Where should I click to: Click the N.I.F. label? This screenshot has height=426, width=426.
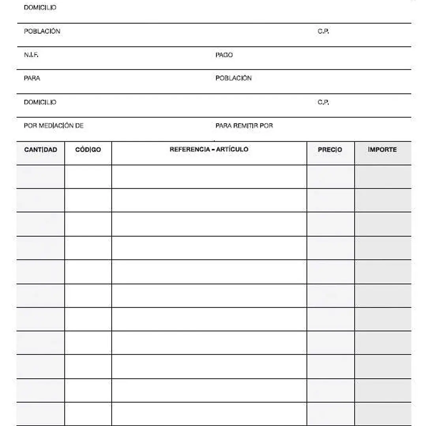31,55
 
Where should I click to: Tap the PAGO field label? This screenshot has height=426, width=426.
224,55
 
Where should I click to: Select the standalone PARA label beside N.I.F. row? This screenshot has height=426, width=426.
32,78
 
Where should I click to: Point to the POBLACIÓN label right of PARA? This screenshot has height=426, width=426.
233,78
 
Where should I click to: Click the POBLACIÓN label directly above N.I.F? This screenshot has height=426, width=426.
42,32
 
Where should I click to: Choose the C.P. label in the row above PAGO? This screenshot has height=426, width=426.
323,32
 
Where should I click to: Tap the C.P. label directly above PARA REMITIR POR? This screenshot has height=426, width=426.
323,102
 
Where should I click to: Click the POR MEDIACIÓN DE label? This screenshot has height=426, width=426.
54,126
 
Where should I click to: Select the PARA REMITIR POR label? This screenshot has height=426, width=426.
244,126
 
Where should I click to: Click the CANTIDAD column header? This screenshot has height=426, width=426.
41,150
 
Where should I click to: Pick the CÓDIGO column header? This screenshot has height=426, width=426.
88,150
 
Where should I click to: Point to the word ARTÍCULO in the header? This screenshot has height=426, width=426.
232,149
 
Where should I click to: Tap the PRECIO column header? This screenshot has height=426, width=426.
330,150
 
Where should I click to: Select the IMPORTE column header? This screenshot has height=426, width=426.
382,150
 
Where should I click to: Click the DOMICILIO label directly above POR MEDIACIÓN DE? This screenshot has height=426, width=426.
40,102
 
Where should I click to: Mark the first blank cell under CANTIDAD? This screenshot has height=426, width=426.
41,176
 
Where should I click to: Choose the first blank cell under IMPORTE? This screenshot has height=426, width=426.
383,176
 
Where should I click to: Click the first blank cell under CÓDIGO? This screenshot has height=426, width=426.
88,176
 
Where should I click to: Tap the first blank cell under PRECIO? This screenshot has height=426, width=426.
330,176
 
